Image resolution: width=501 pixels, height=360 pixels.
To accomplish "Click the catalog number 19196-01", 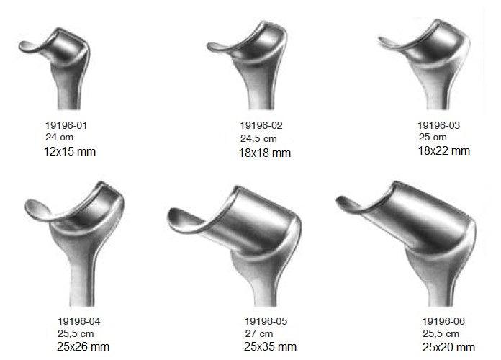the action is pos(66,125).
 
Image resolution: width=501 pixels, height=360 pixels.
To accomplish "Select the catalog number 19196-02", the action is pos(261,125).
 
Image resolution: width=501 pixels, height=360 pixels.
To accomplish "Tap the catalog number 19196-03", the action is pos(438,125).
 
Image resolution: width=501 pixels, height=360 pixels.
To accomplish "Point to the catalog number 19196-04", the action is pos(79,321).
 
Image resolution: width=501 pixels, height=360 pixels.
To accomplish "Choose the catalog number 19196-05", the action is pos(266,321).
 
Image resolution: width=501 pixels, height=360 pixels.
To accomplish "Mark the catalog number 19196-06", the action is pos(443,321).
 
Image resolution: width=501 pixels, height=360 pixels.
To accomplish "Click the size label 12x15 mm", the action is pos(70,151).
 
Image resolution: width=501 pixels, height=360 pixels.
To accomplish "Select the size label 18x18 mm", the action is pos(265,153).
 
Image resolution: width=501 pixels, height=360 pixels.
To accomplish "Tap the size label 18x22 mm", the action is pos(444,150).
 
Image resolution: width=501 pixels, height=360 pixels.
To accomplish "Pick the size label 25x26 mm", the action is pos(83,346).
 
